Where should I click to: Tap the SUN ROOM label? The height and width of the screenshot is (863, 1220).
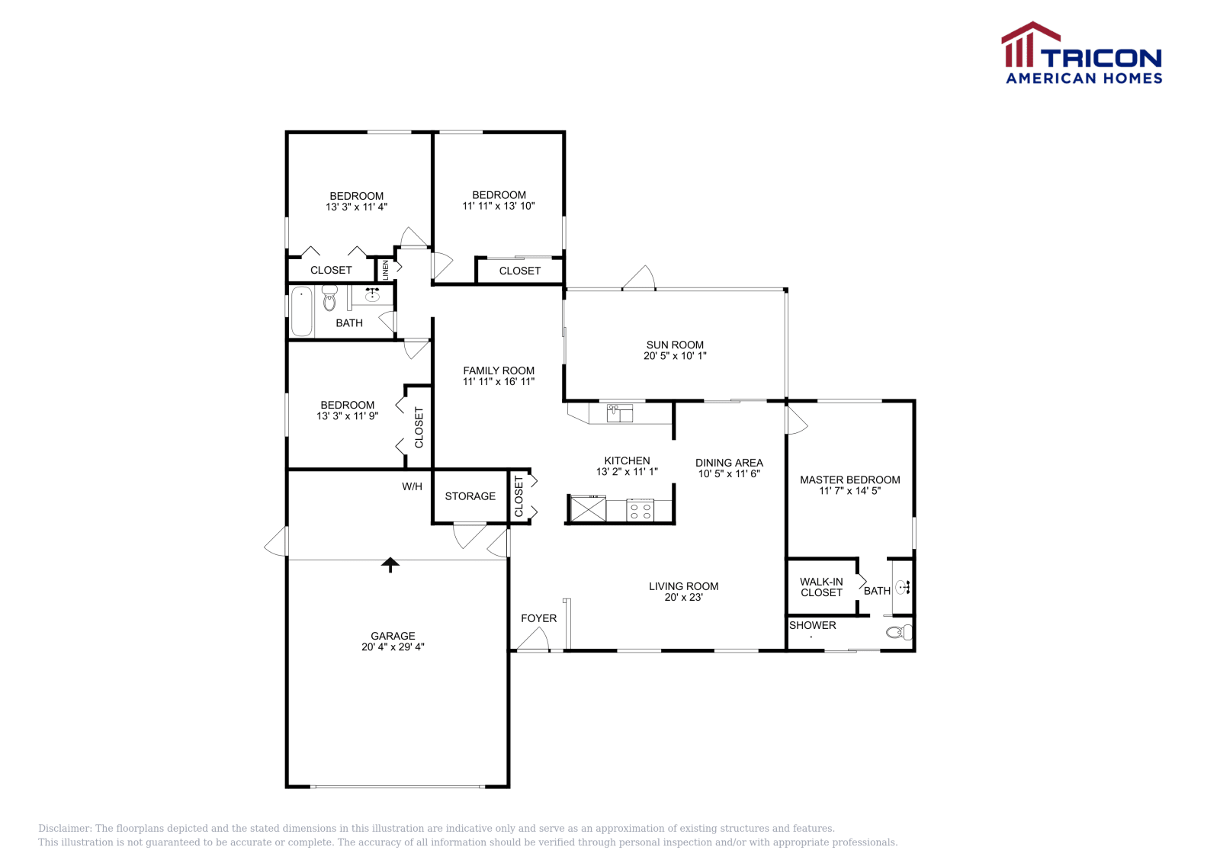675,345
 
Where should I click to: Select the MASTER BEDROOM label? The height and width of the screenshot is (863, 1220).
849,480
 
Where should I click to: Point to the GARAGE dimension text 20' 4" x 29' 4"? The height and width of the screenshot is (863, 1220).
393,647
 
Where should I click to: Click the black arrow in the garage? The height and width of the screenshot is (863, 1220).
390,565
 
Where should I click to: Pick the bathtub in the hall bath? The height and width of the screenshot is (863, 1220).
302,311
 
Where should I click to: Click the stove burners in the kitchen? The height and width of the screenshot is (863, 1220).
640,511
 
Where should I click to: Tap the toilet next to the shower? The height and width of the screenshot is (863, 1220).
901,632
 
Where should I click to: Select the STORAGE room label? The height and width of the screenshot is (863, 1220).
470,496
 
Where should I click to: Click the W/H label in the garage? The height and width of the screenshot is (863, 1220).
412,486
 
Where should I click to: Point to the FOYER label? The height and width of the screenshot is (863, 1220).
538,618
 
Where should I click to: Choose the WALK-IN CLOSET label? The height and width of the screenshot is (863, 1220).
821,587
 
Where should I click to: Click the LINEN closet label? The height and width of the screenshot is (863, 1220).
386,269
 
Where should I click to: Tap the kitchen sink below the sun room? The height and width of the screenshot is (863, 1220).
619,413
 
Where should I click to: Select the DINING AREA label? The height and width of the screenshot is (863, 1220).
729,463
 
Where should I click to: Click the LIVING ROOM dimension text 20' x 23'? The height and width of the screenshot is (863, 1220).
683,598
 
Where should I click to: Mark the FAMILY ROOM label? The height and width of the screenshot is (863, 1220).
499,371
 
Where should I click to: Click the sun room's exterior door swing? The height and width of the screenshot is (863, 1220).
640,278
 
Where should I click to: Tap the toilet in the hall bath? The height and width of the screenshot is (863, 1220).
329,300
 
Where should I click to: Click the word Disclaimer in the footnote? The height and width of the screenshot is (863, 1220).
65,829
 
